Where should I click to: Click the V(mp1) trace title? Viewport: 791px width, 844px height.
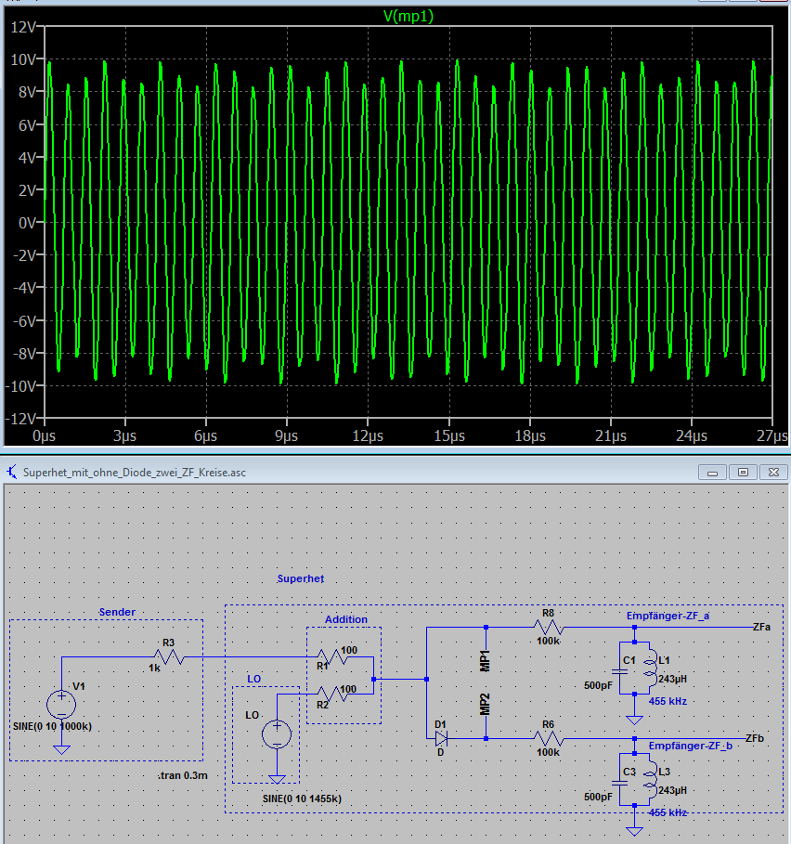point(408,16)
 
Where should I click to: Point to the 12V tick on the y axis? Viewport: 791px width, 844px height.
point(20,27)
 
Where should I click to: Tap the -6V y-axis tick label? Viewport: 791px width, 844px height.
point(20,320)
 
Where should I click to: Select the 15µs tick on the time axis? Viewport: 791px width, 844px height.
point(448,436)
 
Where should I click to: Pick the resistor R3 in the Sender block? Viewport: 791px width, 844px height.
point(170,657)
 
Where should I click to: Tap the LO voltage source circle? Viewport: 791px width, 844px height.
point(277,734)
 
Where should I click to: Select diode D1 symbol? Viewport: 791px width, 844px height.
point(441,738)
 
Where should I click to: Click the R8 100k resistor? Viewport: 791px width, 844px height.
point(548,627)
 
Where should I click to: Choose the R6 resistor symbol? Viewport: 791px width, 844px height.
point(548,738)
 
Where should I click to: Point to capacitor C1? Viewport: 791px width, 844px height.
point(634,670)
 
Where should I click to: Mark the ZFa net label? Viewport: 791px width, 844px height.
point(762,627)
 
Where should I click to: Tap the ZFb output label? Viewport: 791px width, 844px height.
point(755,738)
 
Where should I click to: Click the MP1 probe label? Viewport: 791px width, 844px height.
point(485,661)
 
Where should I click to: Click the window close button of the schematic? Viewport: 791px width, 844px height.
point(770,472)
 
